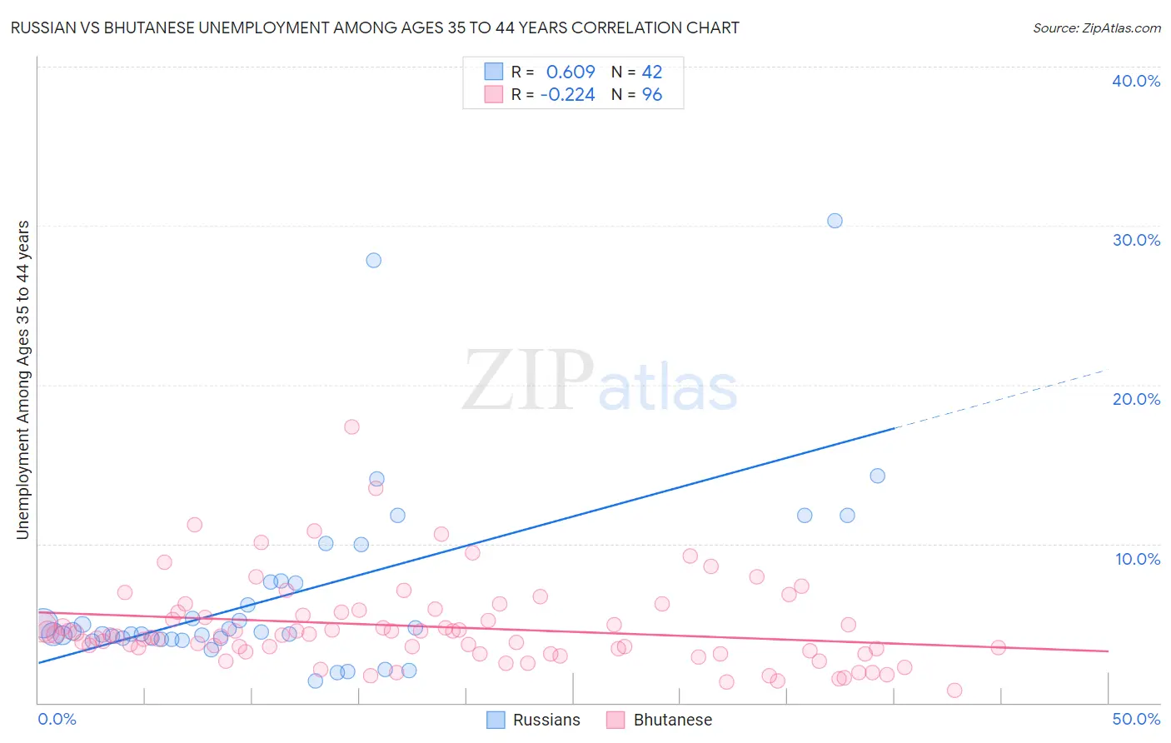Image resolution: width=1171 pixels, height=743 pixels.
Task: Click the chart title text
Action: point(375,27)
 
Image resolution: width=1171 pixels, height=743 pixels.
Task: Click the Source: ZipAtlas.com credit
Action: point(1096,27)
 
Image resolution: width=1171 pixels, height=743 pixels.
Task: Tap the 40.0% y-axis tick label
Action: point(1136,81)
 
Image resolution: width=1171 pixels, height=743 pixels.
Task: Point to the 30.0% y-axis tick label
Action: point(1136,240)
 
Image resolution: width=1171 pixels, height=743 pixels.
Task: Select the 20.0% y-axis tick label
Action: point(1136,399)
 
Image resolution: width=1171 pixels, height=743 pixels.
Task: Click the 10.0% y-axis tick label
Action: point(1138,559)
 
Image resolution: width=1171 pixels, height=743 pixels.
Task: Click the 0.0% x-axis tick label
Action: point(57,719)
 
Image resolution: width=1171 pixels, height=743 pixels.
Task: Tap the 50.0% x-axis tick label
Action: point(1136,719)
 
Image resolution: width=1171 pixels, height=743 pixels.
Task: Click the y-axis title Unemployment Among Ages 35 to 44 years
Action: point(22,380)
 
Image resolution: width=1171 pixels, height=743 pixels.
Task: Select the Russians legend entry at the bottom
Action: point(534,720)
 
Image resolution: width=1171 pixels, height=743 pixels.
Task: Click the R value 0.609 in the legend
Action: point(571,72)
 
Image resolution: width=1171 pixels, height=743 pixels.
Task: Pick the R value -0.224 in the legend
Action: point(567,95)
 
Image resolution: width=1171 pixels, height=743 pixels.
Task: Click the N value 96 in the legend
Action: point(652,95)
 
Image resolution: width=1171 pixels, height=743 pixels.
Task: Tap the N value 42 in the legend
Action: point(652,72)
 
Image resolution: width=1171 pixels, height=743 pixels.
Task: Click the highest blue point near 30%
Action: point(835,221)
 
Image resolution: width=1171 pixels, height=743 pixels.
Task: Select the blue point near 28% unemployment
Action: point(373,260)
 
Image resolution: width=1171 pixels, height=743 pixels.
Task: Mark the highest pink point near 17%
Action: point(351,426)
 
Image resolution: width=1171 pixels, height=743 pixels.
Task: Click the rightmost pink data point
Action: point(998,647)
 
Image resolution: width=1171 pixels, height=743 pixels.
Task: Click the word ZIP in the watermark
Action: point(527,381)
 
